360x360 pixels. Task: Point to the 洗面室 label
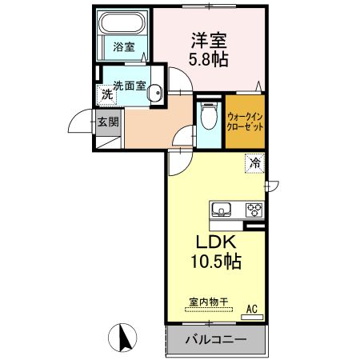(x=128, y=86)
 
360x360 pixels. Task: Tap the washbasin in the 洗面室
(x=156, y=90)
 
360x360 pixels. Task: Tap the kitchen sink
(x=222, y=210)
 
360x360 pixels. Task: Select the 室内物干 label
(x=209, y=302)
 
